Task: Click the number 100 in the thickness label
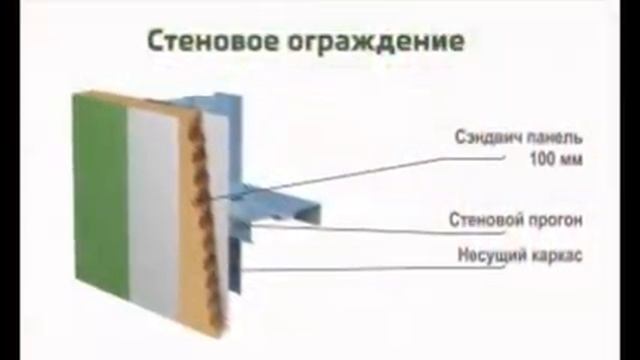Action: [537, 157]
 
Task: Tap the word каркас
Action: [556, 254]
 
